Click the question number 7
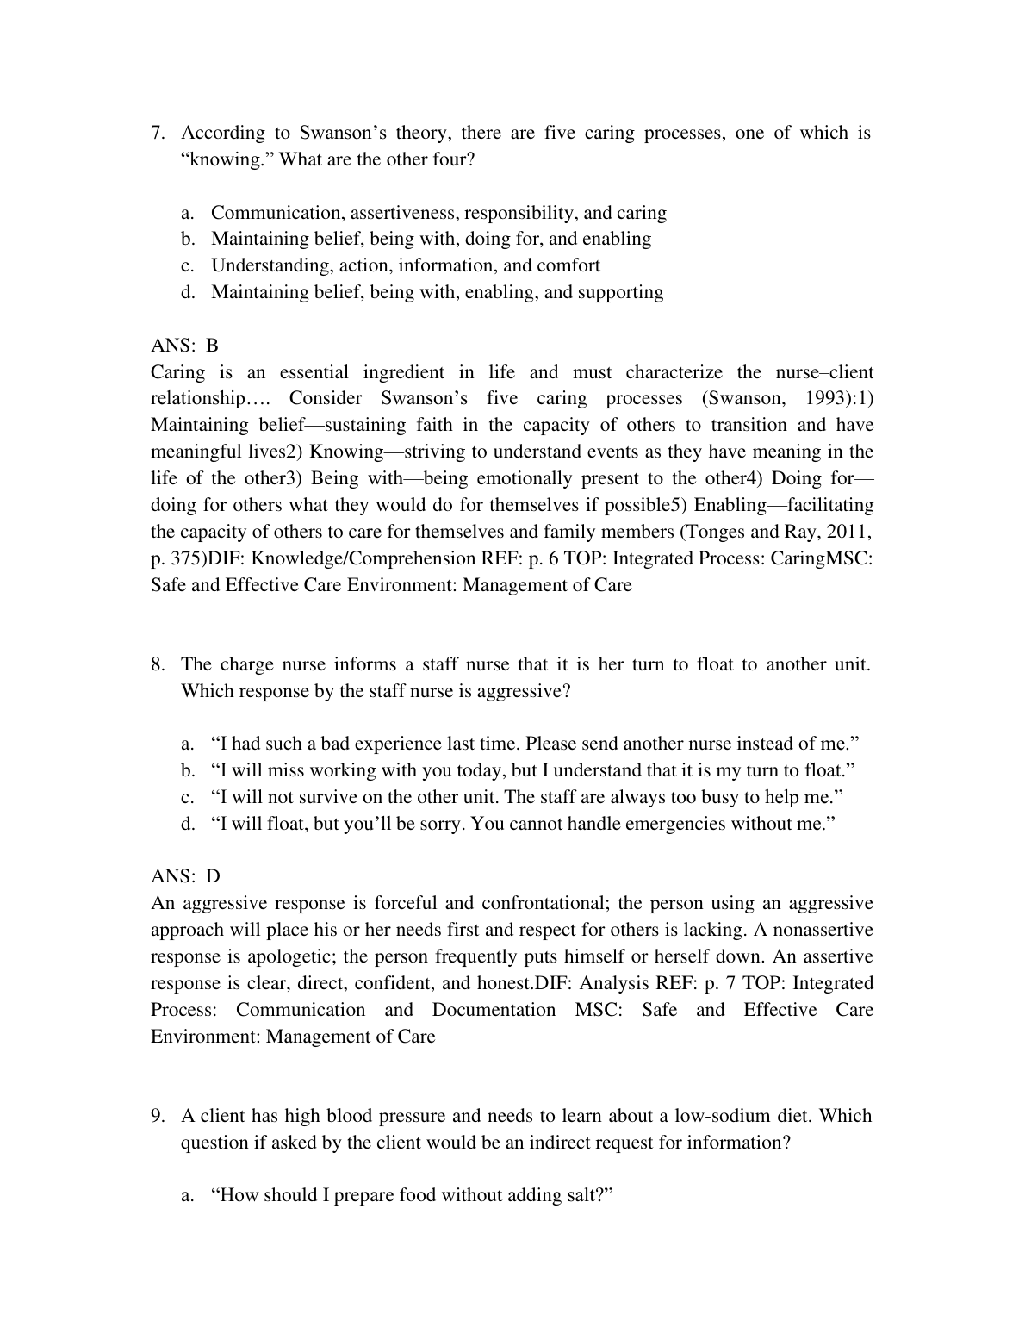click(x=157, y=133)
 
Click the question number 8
click(x=157, y=664)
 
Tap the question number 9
click(x=157, y=1116)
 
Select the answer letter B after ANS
click(x=212, y=346)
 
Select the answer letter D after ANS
click(x=213, y=876)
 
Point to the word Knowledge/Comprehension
click(x=361, y=558)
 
